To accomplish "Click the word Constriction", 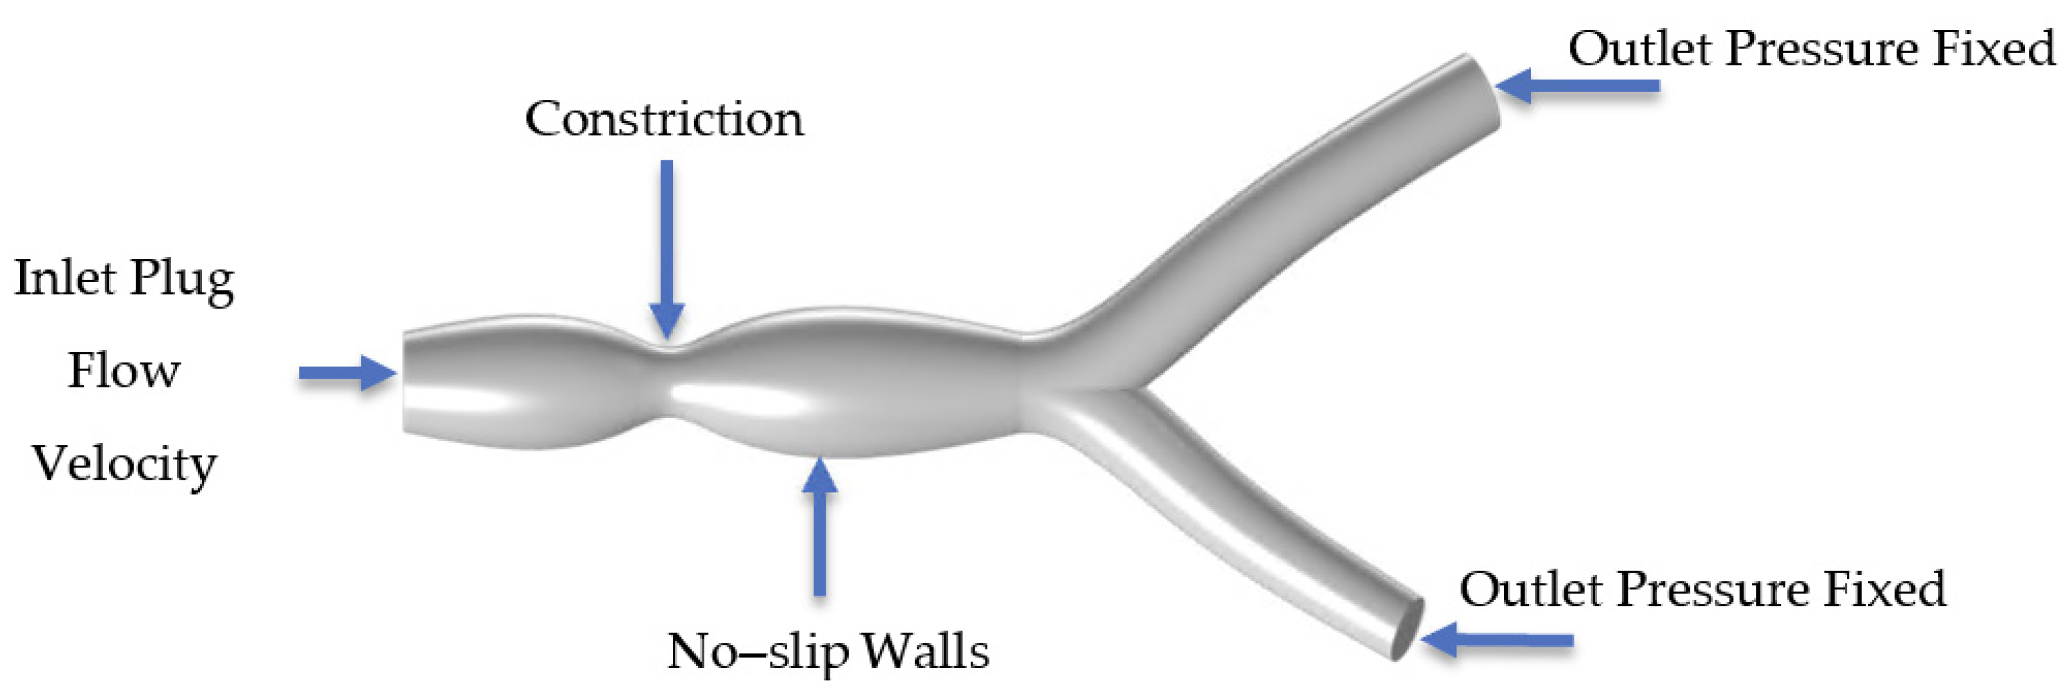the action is (x=664, y=120).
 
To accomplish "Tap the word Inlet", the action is (x=65, y=278).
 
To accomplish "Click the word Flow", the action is (x=124, y=371).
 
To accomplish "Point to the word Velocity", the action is (x=124, y=464).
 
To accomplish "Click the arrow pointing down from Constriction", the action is (x=666, y=248).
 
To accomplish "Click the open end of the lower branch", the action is (x=1407, y=629).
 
